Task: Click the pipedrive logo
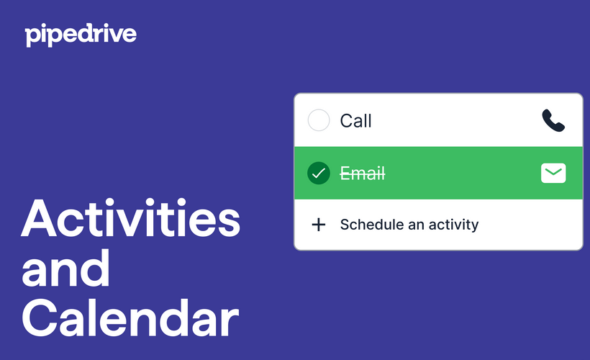tap(80, 34)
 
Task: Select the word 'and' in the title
tap(66, 268)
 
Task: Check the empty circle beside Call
tap(318, 120)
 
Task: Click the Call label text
tap(355, 120)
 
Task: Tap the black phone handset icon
tap(553, 120)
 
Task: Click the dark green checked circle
tap(318, 174)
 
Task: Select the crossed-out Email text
tap(363, 174)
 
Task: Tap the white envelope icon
tap(553, 174)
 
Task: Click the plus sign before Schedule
tap(318, 225)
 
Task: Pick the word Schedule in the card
tap(371, 225)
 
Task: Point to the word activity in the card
tap(453, 225)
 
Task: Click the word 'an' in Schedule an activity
tap(417, 225)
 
